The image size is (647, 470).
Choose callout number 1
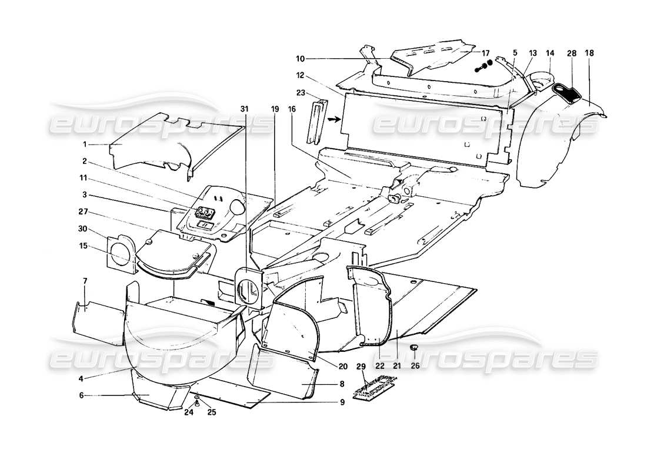pyautogui.click(x=84, y=143)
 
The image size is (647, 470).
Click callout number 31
pyautogui.click(x=244, y=108)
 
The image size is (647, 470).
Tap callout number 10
pyautogui.click(x=300, y=59)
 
